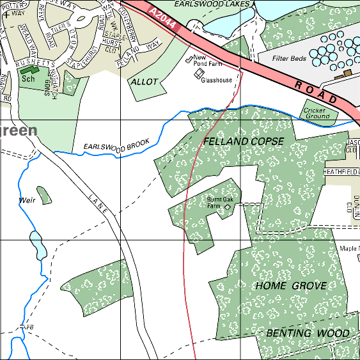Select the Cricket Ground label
[x=317, y=113]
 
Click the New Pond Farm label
[x=208, y=61]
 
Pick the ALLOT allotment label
[x=143, y=82]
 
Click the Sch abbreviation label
[x=27, y=79]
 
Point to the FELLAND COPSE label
[x=234, y=141]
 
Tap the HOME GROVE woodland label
[x=291, y=286]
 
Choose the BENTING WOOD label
[x=308, y=333]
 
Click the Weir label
[x=27, y=200]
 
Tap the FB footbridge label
[x=27, y=327]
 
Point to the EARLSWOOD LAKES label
[x=203, y=4]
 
